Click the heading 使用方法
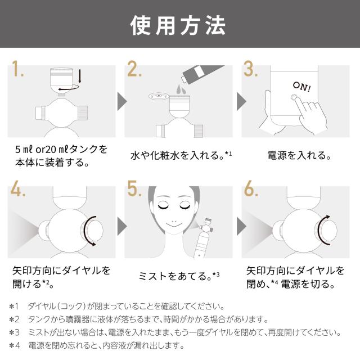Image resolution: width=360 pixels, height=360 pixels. tap(178, 25)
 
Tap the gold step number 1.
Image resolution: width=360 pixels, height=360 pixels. tap(17, 69)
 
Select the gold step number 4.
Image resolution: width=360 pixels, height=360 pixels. tap(17, 188)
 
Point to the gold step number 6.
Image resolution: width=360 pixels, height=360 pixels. tap(251, 188)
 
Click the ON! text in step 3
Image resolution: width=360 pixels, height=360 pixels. tap(302, 87)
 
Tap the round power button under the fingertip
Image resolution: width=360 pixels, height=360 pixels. tap(294, 97)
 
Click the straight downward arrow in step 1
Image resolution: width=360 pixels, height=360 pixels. tap(80, 76)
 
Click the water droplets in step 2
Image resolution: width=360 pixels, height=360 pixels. tap(181, 89)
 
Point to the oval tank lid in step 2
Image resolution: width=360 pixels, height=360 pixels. tap(159, 96)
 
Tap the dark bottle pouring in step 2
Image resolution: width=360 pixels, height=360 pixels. tap(202, 73)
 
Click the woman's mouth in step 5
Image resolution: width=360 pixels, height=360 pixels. tap(174, 224)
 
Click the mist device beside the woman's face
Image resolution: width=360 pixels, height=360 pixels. tap(203, 237)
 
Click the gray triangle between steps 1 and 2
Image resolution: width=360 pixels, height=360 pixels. tap(122, 101)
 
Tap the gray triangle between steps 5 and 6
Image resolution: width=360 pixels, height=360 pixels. tap(241, 226)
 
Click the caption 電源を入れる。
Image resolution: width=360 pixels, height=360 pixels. tap(300, 155)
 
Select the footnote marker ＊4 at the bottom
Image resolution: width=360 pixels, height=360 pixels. tap(15, 345)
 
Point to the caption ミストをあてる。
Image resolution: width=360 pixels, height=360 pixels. tap(175, 276)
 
